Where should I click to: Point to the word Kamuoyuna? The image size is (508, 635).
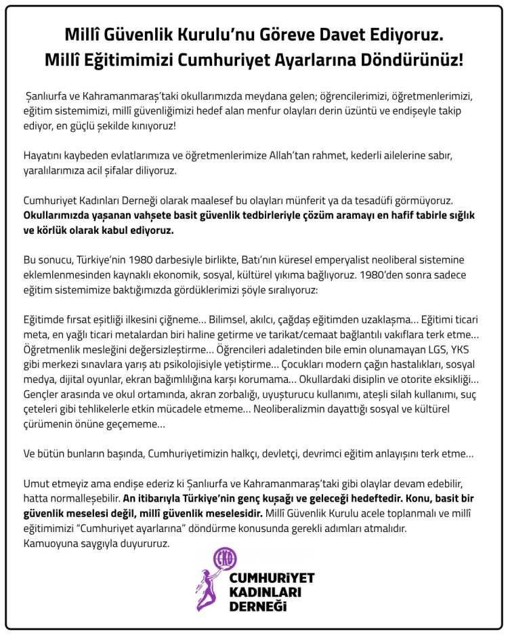pos(51,542)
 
